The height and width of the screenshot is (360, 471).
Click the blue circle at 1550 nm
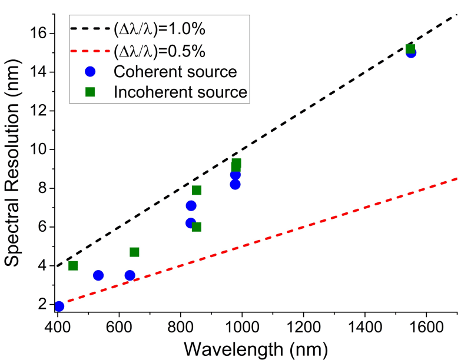click(411, 53)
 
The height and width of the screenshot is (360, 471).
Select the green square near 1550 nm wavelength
click(410, 49)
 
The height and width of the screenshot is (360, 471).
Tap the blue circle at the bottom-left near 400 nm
click(59, 306)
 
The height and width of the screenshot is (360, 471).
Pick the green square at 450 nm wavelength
click(73, 266)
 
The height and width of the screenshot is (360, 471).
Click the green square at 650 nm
click(134, 252)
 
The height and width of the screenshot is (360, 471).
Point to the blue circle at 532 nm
click(98, 275)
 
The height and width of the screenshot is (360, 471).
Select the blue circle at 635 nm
click(130, 275)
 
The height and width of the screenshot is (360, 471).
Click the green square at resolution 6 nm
click(197, 227)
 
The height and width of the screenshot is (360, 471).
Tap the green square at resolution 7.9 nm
click(197, 190)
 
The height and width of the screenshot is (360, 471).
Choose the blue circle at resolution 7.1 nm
click(191, 206)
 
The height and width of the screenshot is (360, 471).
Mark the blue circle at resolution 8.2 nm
click(235, 185)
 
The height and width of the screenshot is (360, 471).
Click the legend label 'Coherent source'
click(175, 72)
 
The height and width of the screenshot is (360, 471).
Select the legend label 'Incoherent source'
click(180, 92)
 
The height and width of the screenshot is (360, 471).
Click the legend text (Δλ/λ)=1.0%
click(160, 29)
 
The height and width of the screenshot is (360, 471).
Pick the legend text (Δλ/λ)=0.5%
click(160, 51)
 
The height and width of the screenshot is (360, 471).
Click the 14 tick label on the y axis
click(38, 72)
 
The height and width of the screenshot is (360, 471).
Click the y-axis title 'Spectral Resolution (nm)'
click(12, 162)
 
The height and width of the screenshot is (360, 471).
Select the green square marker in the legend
click(90, 92)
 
